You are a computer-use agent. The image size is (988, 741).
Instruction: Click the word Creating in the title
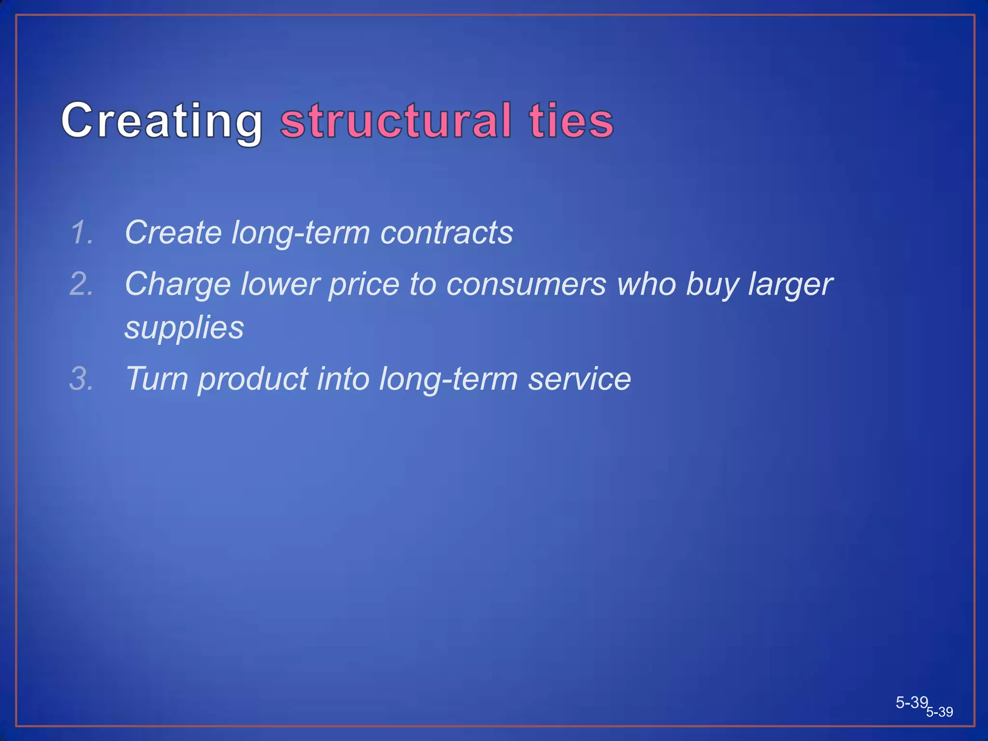tap(162, 121)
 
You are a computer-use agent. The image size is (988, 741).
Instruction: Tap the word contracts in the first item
tap(446, 233)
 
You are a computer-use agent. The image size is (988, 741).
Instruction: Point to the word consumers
tap(525, 284)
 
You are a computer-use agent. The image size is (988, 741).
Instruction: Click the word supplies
tap(184, 328)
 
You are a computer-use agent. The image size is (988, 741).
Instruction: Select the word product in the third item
tap(253, 379)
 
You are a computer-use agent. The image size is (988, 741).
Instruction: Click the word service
tap(579, 379)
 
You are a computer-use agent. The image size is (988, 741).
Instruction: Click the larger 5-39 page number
tap(911, 702)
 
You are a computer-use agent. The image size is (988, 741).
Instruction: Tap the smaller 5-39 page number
tap(940, 713)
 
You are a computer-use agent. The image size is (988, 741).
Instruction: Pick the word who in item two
tap(646, 284)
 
